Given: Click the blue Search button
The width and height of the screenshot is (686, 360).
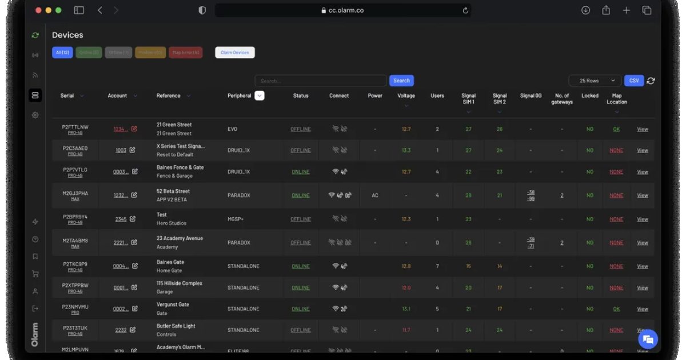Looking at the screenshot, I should (x=401, y=81).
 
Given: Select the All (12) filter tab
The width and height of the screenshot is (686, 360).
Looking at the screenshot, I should (x=62, y=53).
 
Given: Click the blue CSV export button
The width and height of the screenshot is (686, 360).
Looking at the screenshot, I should (x=634, y=81).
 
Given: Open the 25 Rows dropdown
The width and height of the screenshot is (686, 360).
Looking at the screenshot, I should (x=595, y=81).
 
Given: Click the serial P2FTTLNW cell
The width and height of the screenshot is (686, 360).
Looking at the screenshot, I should (x=75, y=127).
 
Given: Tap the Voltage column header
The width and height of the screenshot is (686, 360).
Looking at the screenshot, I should (x=406, y=96).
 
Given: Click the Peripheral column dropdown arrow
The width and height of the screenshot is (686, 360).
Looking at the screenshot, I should (x=260, y=95).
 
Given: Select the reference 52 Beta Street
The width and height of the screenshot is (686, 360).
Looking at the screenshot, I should (x=173, y=191).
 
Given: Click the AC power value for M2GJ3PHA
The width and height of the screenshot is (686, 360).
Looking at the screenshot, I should (x=375, y=195).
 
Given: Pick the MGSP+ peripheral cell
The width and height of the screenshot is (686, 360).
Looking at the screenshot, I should (x=236, y=219).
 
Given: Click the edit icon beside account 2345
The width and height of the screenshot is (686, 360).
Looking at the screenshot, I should (x=133, y=219).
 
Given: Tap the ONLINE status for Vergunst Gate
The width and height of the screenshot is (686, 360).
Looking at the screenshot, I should (x=300, y=309).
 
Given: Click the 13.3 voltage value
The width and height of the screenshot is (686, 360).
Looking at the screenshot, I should (x=406, y=150).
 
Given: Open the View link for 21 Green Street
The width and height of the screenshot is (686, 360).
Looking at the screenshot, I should (x=643, y=129).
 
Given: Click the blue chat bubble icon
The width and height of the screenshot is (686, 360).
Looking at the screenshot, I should (x=648, y=339).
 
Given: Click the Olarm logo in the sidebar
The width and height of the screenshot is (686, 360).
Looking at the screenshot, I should (x=35, y=334).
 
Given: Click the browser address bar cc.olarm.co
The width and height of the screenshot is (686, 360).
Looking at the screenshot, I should (x=342, y=10).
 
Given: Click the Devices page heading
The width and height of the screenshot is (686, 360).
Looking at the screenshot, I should (x=67, y=35).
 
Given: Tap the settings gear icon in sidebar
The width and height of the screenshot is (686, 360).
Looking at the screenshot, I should (x=35, y=115).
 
